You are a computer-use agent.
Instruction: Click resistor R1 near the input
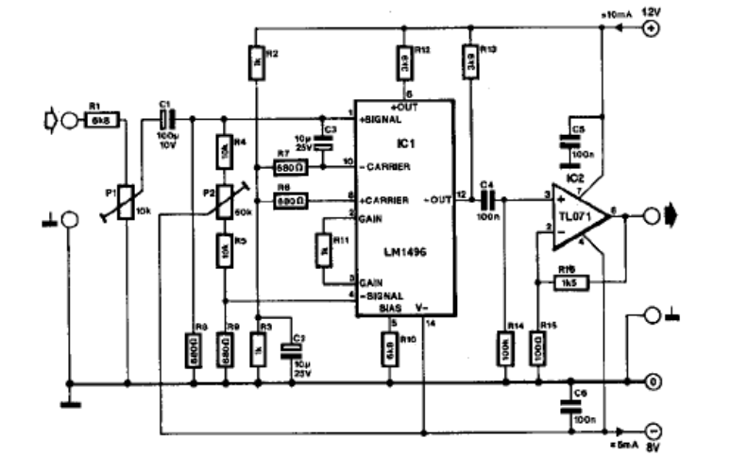pyautogui.click(x=99, y=120)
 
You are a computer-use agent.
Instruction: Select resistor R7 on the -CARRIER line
pyautogui.click(x=287, y=167)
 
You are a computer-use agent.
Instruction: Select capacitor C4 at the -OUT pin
pyautogui.click(x=487, y=199)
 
